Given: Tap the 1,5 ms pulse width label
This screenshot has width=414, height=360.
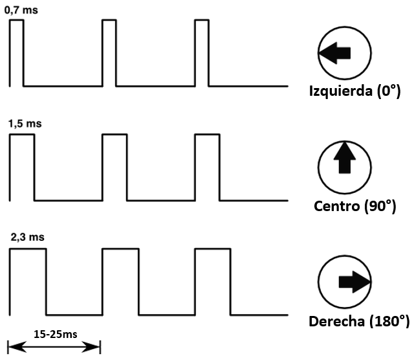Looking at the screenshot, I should (25, 123).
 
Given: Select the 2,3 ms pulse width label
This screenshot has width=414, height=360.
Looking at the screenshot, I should (28, 238).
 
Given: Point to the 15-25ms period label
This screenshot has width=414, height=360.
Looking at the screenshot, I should (54, 335).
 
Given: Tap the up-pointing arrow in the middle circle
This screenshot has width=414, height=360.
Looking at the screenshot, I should (344, 159).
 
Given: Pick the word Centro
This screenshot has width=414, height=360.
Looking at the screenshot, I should (338, 207).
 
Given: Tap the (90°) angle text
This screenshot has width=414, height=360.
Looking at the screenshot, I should (380, 207).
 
